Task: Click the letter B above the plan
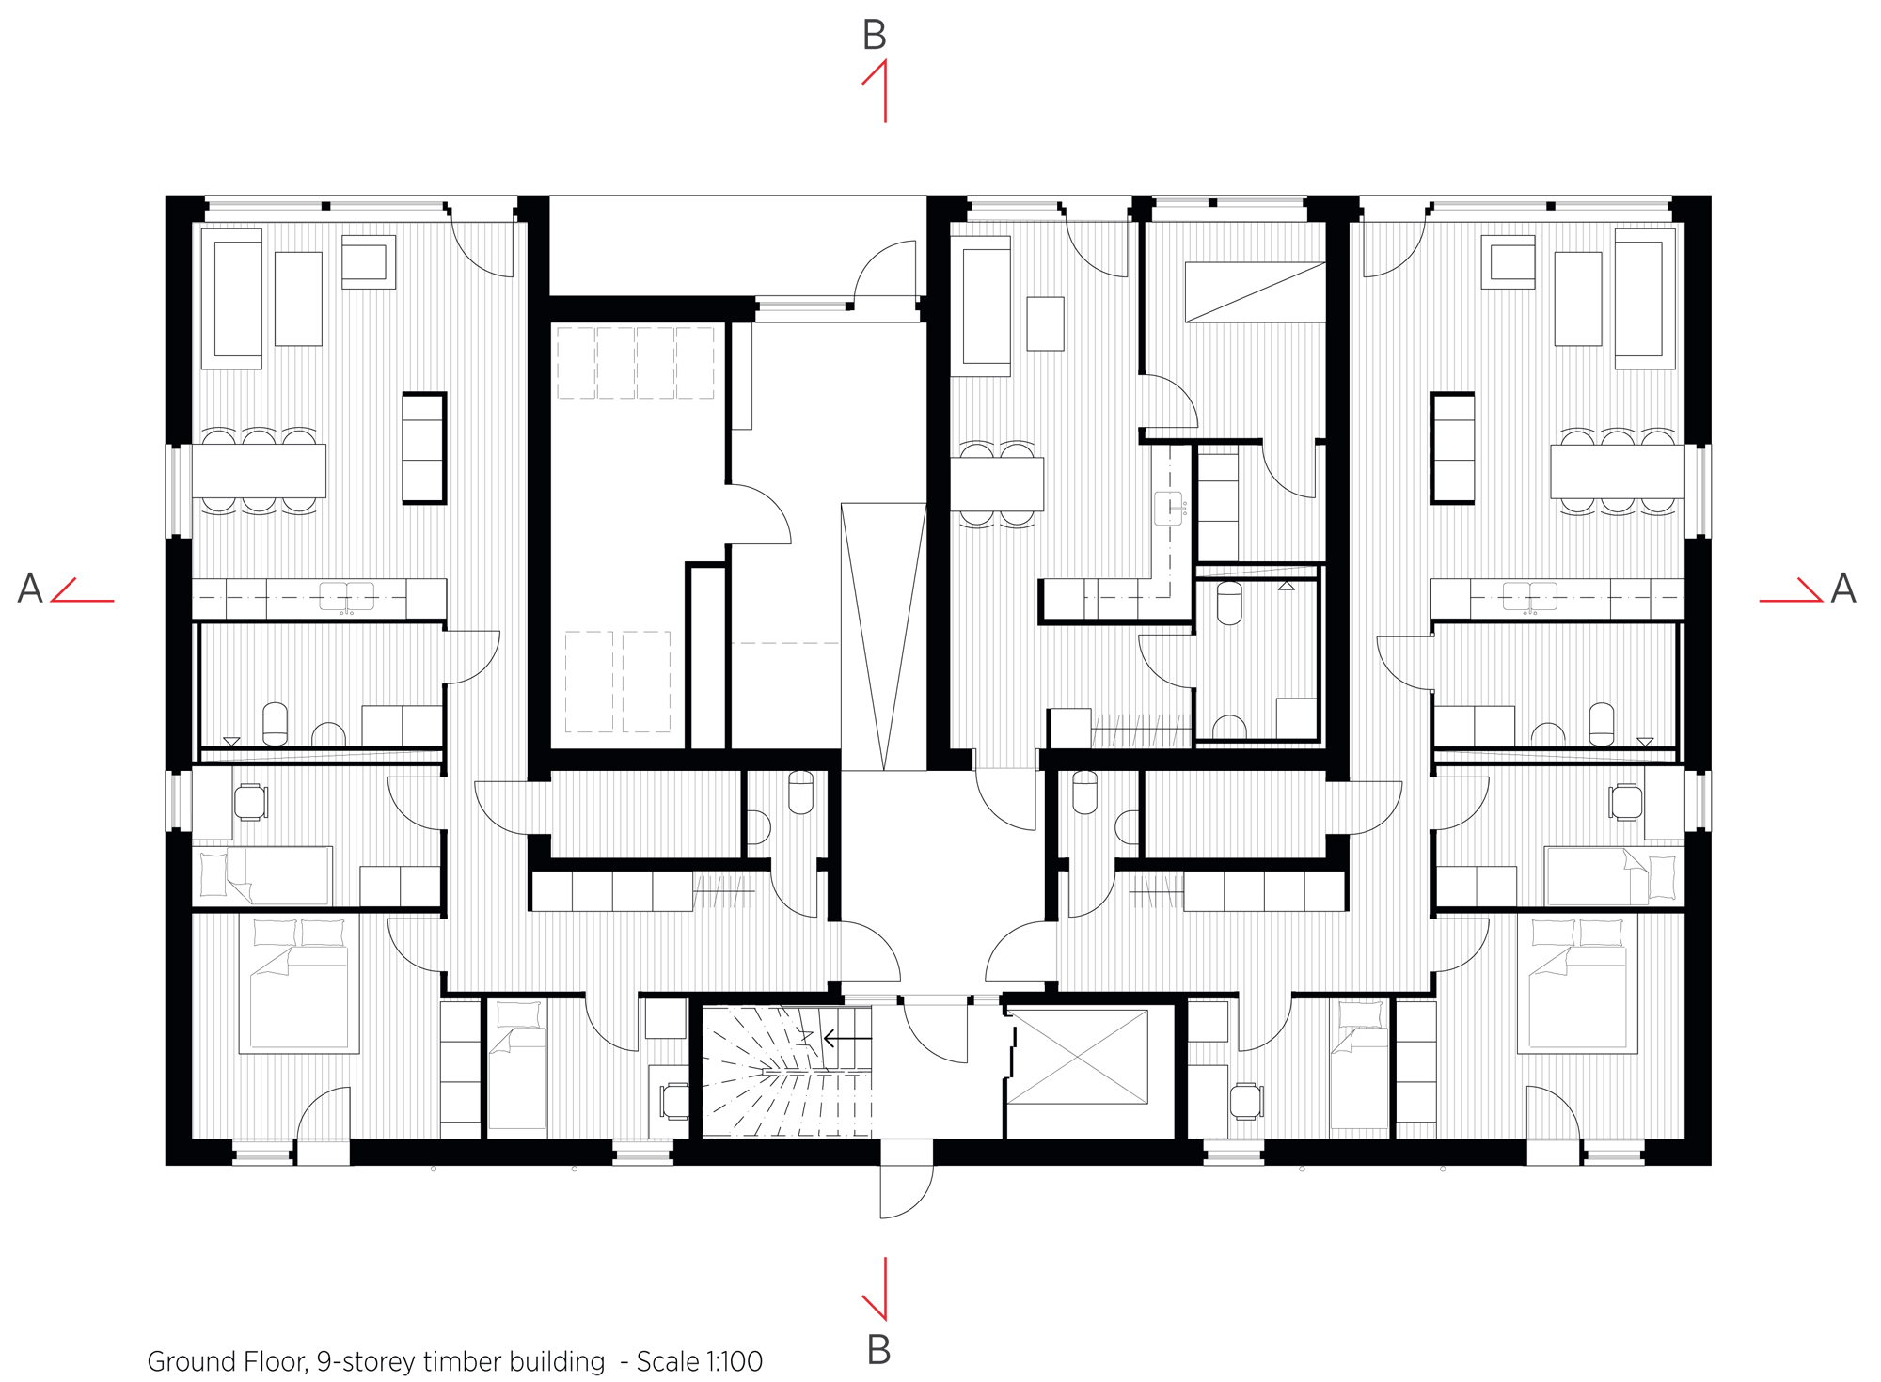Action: coord(874,36)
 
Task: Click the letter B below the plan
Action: coord(877,1350)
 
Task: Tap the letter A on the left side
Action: coord(30,589)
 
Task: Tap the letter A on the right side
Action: coord(1843,589)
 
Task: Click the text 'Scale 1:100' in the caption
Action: coord(699,1361)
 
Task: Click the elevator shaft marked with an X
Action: coord(1077,1057)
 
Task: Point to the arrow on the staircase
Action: coord(846,1039)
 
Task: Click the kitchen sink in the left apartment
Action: coord(346,596)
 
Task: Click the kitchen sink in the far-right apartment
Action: coord(1529,596)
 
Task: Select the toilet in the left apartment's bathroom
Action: coord(275,722)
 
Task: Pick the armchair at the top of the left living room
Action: coord(368,260)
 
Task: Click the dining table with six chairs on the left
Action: coord(259,470)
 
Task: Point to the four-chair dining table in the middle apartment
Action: coord(997,483)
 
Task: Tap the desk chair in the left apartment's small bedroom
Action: coord(251,802)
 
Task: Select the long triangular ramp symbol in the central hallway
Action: coord(883,636)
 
